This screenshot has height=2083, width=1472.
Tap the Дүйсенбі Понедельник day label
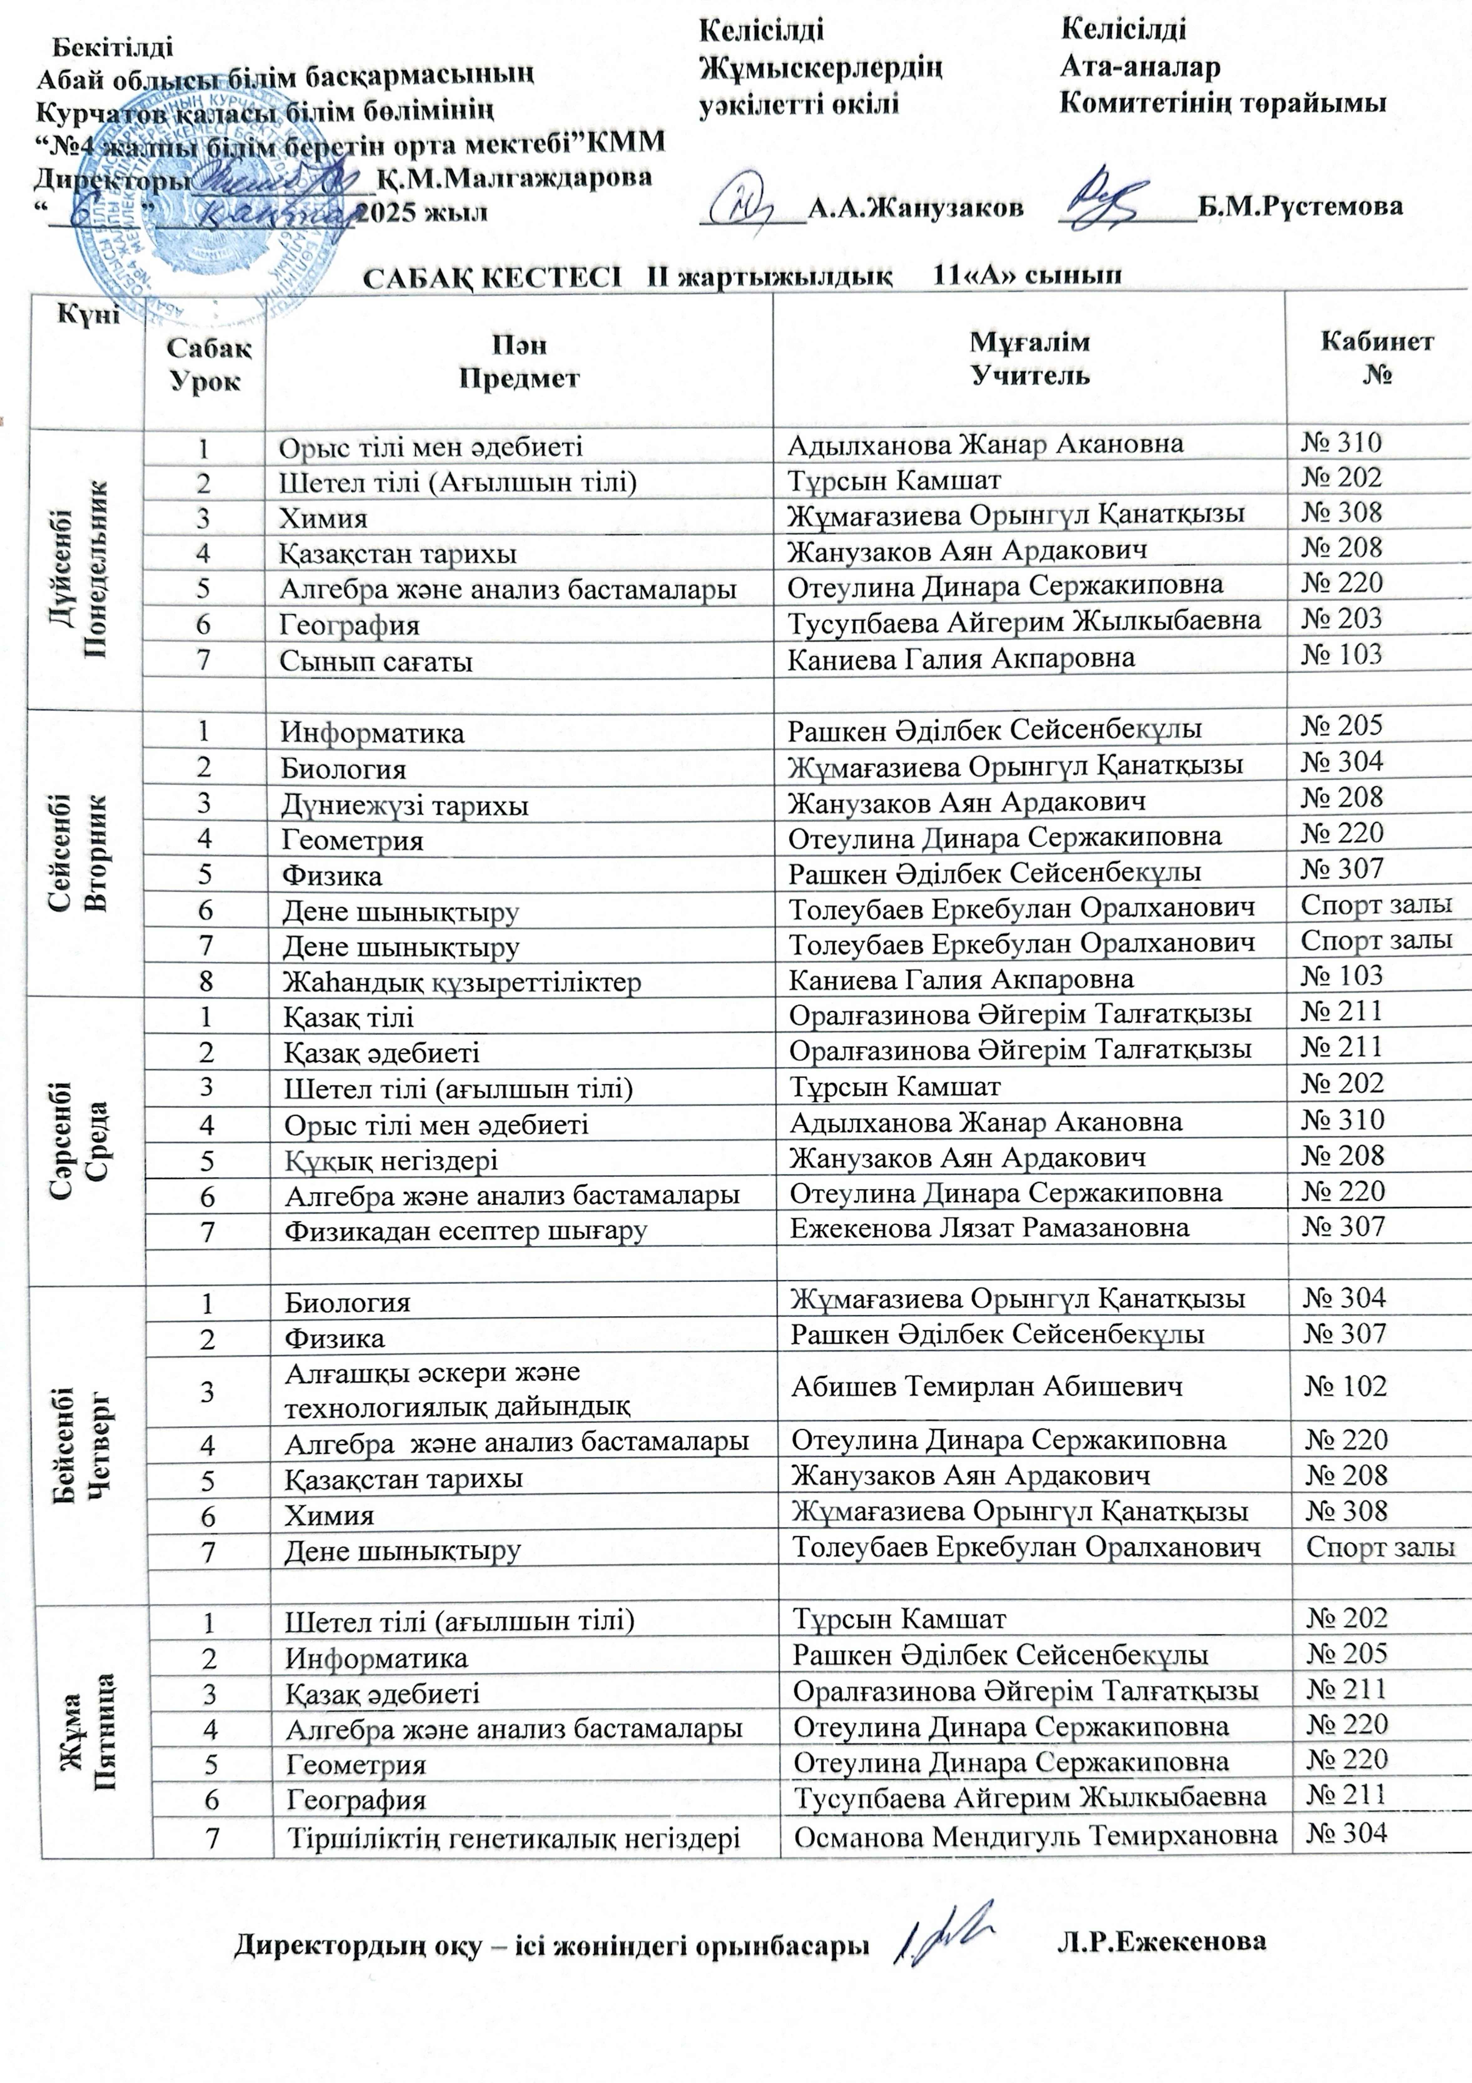pyautogui.click(x=88, y=570)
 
